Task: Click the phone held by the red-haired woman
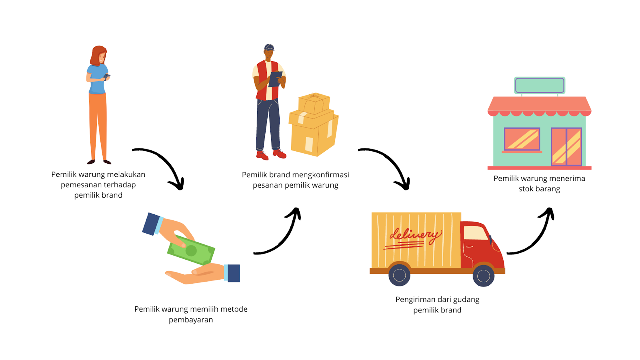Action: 106,76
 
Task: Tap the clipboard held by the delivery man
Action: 275,79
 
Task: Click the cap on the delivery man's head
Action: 269,47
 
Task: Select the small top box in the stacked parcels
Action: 314,103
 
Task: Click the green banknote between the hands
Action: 191,250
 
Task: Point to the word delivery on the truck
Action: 415,235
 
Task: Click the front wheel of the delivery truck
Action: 483,276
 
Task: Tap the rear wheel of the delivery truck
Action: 399,275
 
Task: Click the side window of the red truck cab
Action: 476,233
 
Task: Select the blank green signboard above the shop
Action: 540,85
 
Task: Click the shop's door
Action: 566,146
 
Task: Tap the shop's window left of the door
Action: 522,139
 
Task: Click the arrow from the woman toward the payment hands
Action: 162,165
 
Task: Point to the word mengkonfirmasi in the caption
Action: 322,175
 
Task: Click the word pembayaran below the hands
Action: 191,320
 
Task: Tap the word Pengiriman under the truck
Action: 415,300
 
